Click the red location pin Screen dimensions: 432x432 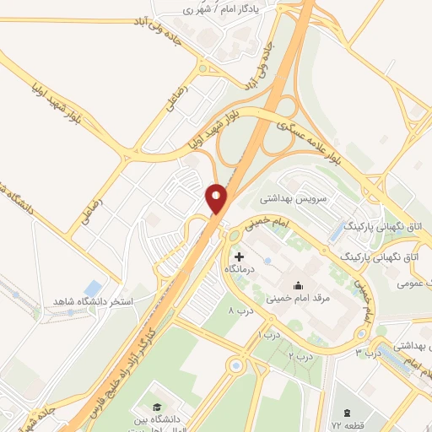click(x=218, y=198)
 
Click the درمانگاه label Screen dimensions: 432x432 click(x=240, y=268)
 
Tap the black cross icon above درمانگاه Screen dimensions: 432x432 click(x=240, y=256)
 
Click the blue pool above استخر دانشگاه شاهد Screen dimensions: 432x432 click(x=94, y=288)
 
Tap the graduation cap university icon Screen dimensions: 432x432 click(x=157, y=397)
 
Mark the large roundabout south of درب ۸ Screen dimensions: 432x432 click(x=235, y=366)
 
